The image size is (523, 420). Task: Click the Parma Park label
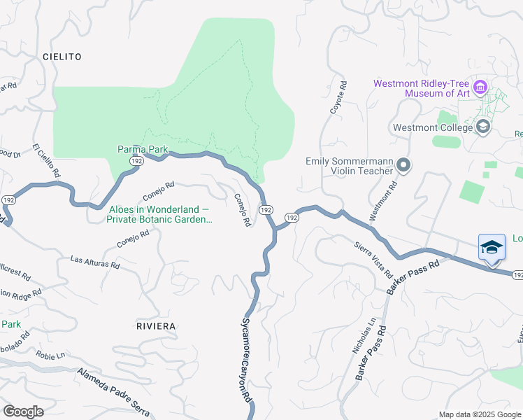pos(142,148)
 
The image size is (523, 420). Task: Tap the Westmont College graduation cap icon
pos(482,127)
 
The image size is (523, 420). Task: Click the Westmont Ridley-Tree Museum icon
pos(480,87)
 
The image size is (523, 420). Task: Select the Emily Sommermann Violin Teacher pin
pos(403,165)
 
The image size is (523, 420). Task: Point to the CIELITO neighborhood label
pos(62,56)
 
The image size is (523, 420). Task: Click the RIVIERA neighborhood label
pos(156,326)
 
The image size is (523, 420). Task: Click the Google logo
pos(23,411)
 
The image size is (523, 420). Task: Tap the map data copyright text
pos(479,414)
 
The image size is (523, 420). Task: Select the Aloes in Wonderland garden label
pos(159,214)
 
